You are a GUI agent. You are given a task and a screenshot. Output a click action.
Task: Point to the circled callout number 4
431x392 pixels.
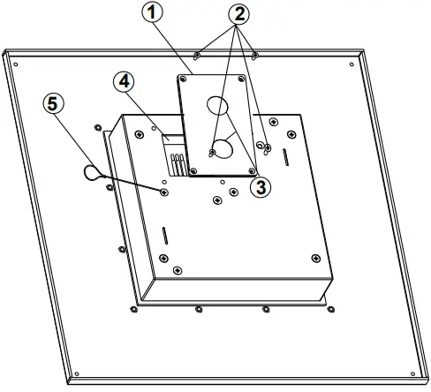125,82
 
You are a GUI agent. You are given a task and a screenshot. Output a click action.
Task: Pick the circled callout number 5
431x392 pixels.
55,103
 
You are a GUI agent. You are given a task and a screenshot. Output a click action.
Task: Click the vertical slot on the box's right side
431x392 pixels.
284,155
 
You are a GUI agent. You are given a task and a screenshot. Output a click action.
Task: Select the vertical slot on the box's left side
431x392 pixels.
163,236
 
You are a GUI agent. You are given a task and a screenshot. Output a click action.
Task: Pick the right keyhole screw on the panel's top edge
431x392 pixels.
254,56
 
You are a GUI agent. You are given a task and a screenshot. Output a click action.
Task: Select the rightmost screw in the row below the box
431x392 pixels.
329,310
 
